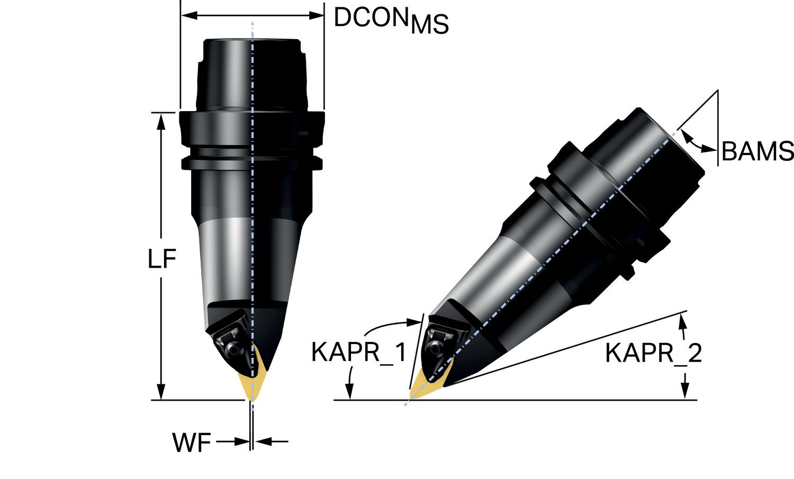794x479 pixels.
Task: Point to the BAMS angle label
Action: [757, 152]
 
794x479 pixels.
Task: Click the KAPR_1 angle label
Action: [358, 352]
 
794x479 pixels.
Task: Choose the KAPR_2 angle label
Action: [653, 353]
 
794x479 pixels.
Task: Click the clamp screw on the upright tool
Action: [233, 349]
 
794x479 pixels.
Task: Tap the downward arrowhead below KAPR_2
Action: [685, 392]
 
